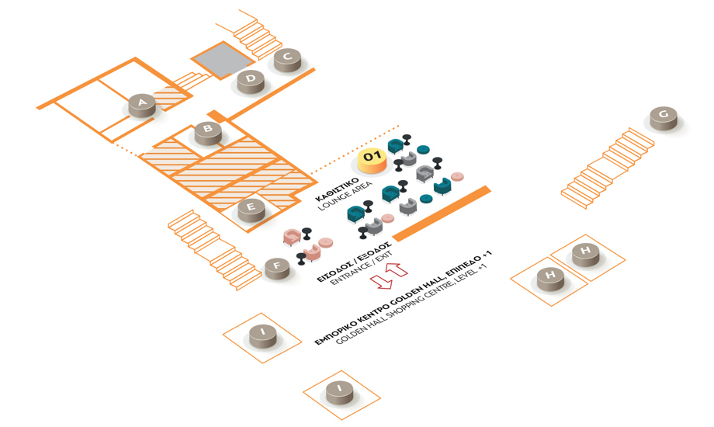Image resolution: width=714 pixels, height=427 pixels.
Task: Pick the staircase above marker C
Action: point(256,33)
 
